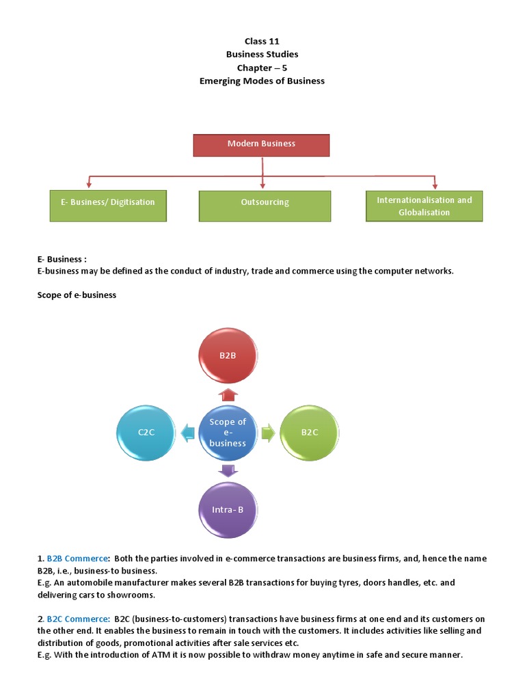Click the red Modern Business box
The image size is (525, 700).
tap(261, 144)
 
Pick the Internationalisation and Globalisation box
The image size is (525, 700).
tap(424, 206)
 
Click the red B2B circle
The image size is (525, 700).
tap(228, 356)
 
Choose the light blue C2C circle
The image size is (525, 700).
tap(145, 432)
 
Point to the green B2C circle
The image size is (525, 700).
tap(310, 432)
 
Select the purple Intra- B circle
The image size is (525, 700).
tap(228, 510)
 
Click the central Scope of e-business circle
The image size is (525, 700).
tap(228, 432)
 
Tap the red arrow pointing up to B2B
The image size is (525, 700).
tap(228, 394)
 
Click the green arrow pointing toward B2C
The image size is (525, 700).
tap(268, 432)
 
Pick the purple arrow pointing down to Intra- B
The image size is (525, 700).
tap(228, 470)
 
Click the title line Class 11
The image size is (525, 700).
tap(262, 42)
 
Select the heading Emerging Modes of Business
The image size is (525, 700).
tap(262, 81)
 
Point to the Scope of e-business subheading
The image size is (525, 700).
tap(77, 295)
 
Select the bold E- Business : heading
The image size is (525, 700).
tap(62, 259)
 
